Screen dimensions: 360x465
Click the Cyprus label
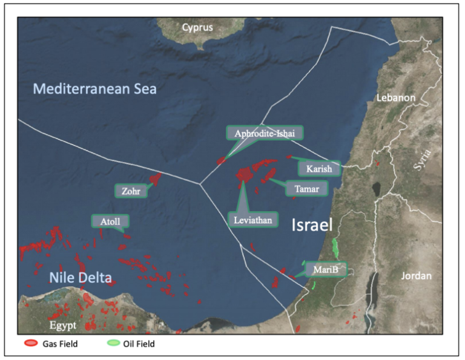[x=197, y=27]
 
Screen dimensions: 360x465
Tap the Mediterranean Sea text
[x=94, y=90]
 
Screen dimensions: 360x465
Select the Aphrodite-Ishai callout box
[x=264, y=133]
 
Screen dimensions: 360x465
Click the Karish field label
[x=319, y=169]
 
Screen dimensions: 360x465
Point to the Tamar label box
[x=306, y=189]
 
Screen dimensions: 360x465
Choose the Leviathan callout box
[x=252, y=219]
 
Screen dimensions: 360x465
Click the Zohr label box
[x=131, y=191]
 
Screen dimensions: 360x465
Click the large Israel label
[x=312, y=226]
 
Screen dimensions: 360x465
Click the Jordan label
[x=417, y=276]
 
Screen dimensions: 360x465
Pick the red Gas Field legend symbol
[x=30, y=344]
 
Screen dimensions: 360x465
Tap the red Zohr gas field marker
[x=156, y=178]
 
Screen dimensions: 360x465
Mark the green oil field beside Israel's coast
[x=336, y=247]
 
